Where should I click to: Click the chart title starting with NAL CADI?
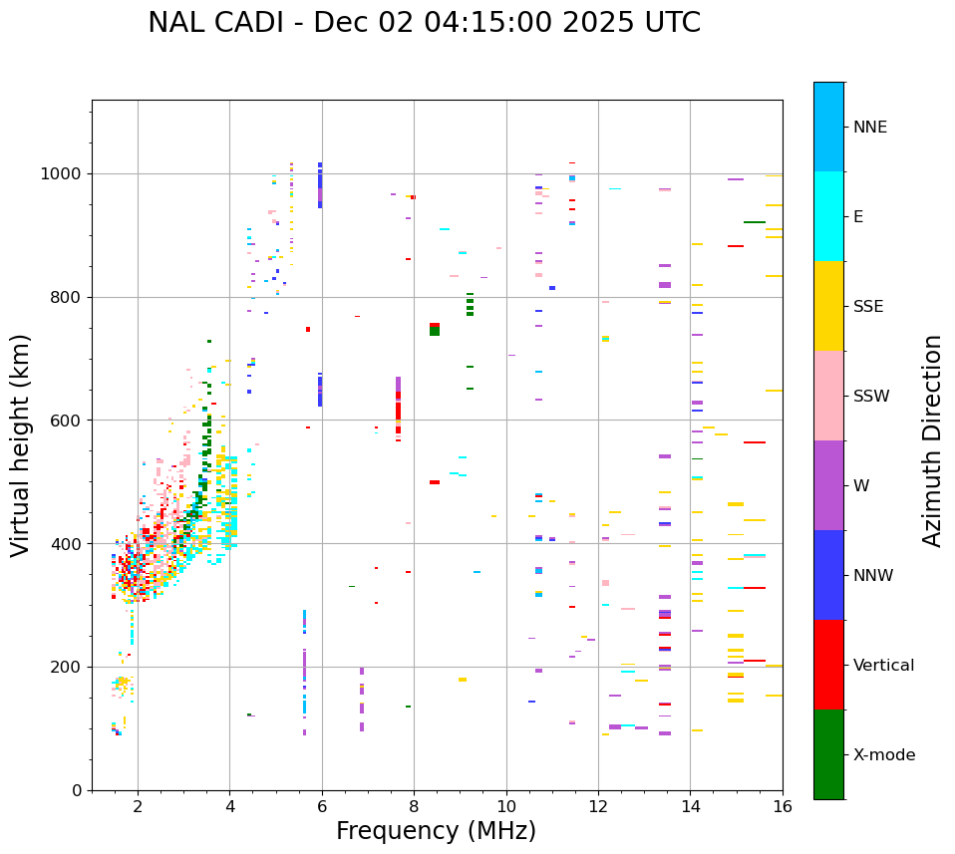tap(424, 23)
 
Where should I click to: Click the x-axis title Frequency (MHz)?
tap(436, 831)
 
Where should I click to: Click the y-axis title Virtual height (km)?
tap(21, 444)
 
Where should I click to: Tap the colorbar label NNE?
tap(869, 128)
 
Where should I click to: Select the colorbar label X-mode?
tap(883, 755)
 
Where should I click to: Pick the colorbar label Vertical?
tap(883, 666)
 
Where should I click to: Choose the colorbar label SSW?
tap(871, 397)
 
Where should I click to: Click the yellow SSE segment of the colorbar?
tap(828, 306)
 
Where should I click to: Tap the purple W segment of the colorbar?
tap(828, 485)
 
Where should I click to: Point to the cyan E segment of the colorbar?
tap(828, 216)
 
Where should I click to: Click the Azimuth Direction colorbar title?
tap(932, 440)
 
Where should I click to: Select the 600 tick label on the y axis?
tap(69, 421)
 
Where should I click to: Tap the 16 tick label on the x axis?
tap(783, 806)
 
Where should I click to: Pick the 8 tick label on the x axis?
tap(414, 806)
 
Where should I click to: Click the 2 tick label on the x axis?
tap(138, 806)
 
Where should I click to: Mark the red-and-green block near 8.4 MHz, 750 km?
tap(435, 329)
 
